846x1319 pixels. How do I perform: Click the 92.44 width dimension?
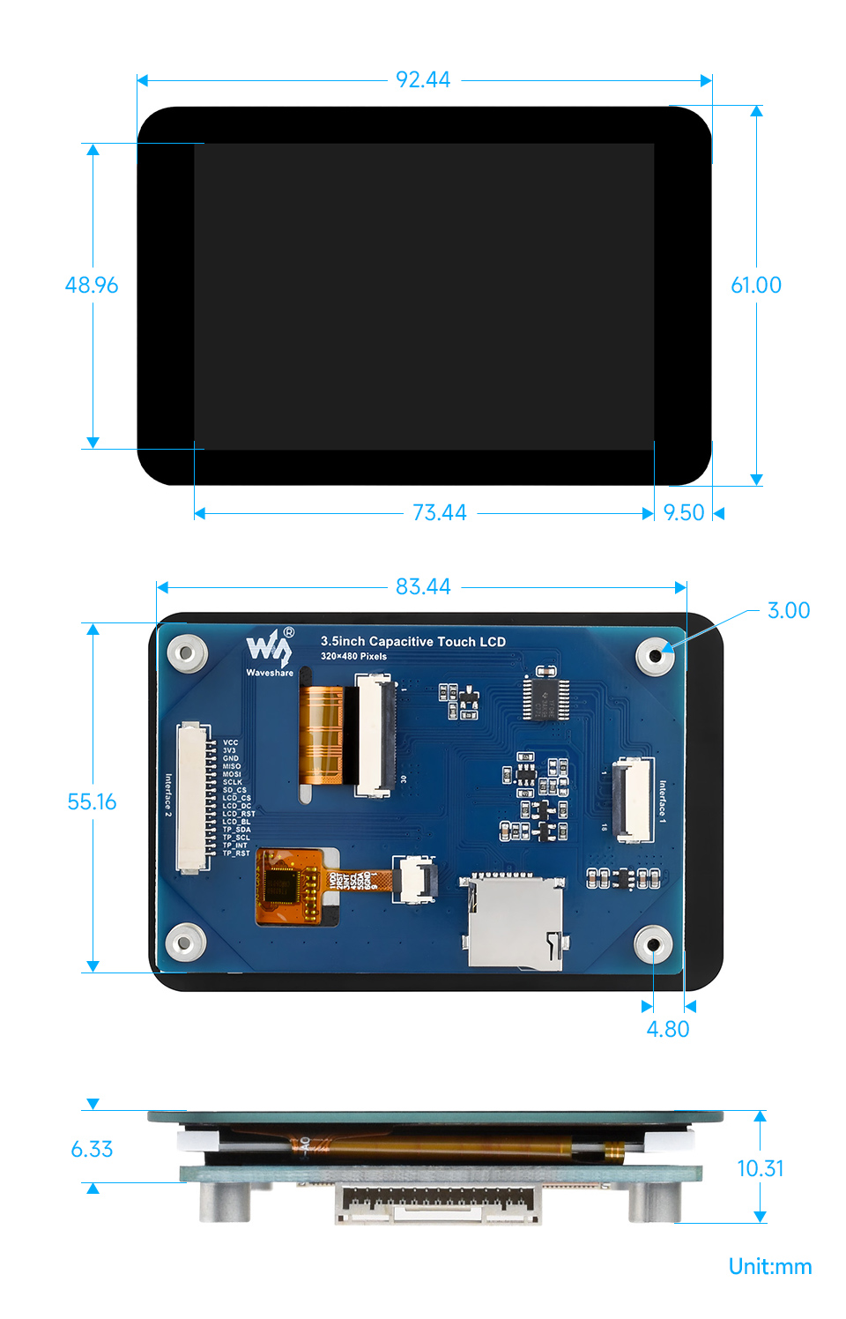click(x=423, y=80)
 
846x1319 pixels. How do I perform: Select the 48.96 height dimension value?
click(x=92, y=285)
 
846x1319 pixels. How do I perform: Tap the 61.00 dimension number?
click(x=755, y=285)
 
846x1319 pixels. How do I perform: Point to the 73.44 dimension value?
click(x=439, y=512)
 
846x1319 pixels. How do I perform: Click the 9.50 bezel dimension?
click(x=684, y=512)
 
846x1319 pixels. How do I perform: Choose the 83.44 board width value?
click(x=423, y=586)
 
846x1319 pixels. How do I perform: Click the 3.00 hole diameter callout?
click(x=788, y=610)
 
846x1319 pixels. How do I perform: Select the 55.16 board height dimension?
click(x=92, y=801)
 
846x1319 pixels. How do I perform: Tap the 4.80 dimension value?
click(x=668, y=1029)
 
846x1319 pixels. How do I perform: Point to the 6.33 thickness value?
click(x=92, y=1149)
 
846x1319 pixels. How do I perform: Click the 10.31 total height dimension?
click(x=760, y=1168)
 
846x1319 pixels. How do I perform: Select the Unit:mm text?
click(x=769, y=1266)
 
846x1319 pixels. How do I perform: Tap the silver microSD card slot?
click(x=514, y=921)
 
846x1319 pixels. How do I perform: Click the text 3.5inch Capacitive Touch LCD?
click(x=412, y=641)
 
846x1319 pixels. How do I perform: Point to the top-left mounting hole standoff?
click(x=187, y=653)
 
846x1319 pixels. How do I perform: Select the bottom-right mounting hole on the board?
click(x=654, y=944)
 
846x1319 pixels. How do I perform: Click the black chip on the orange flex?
click(x=284, y=884)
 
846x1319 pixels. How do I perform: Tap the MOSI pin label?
click(x=232, y=774)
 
